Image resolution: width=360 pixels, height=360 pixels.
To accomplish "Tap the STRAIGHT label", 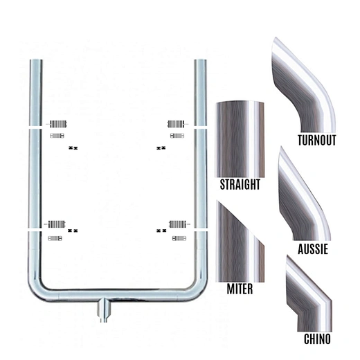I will [x=240, y=185].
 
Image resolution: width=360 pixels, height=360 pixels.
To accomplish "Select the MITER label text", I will [x=240, y=288].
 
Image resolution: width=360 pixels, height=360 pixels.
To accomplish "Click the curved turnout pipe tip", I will [x=305, y=83].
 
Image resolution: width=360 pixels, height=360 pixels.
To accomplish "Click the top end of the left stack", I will [x=34, y=64].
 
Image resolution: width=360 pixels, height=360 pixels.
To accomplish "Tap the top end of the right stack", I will [x=200, y=64].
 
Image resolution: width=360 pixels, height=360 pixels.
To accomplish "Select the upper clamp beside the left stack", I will [x=58, y=124].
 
